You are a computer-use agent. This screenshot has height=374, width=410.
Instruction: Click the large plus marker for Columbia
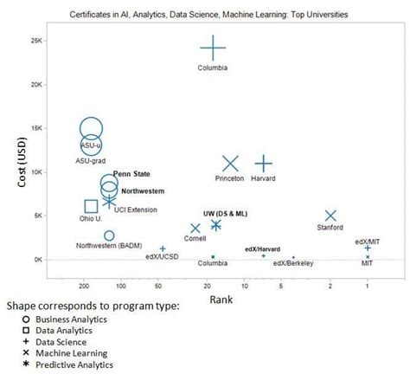[213, 49]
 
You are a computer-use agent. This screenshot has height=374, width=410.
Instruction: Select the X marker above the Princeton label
[230, 164]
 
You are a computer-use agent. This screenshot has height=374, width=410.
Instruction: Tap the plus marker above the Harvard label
[264, 164]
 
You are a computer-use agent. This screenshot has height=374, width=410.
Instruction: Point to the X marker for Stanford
[330, 216]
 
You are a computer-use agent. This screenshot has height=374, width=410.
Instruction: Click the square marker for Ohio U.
[91, 206]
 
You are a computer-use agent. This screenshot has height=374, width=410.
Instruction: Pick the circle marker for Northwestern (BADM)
[109, 235]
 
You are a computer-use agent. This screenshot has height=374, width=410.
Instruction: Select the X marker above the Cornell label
[195, 229]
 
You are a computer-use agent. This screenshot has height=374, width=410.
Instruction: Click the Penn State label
[131, 174]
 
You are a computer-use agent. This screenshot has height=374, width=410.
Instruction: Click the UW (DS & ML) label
[225, 213]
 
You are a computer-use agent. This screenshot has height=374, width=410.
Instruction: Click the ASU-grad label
[91, 160]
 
